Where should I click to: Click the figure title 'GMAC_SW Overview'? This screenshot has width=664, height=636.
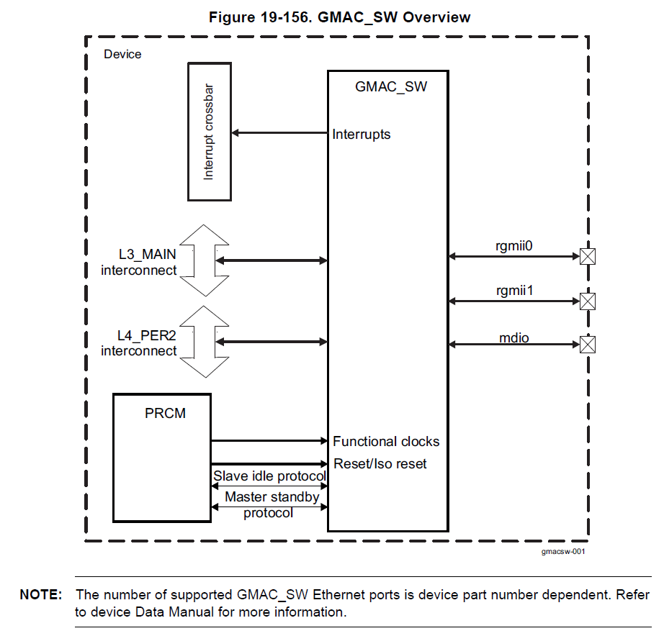point(394,18)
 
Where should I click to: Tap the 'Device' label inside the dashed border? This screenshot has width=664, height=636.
point(122,54)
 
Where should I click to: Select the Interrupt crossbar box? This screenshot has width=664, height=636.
point(210,132)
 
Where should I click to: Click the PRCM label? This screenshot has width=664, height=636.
point(165,413)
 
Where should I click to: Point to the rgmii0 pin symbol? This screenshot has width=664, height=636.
point(588,256)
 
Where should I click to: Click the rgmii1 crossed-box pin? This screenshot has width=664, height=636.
point(588,301)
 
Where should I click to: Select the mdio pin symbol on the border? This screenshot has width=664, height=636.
point(588,345)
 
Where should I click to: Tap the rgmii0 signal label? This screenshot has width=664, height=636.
point(513,246)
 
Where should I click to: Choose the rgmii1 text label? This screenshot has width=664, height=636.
point(514,291)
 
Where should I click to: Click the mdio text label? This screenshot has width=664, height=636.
point(514,337)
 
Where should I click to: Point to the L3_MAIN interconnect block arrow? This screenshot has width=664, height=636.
point(204,260)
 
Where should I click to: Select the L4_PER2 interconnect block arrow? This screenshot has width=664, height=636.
point(204,342)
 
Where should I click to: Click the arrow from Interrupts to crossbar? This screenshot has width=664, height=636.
point(280,133)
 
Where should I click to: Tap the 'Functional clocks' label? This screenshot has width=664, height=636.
point(386,441)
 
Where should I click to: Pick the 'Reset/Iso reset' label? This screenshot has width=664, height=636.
point(380,464)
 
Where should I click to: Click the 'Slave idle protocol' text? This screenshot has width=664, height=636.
point(269,476)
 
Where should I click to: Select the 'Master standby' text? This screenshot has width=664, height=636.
point(272,496)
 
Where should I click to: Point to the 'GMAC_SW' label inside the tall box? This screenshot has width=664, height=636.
point(391,87)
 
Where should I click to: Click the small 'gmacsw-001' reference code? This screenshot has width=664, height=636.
point(563,551)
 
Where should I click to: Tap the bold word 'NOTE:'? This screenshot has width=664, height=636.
point(41,594)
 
